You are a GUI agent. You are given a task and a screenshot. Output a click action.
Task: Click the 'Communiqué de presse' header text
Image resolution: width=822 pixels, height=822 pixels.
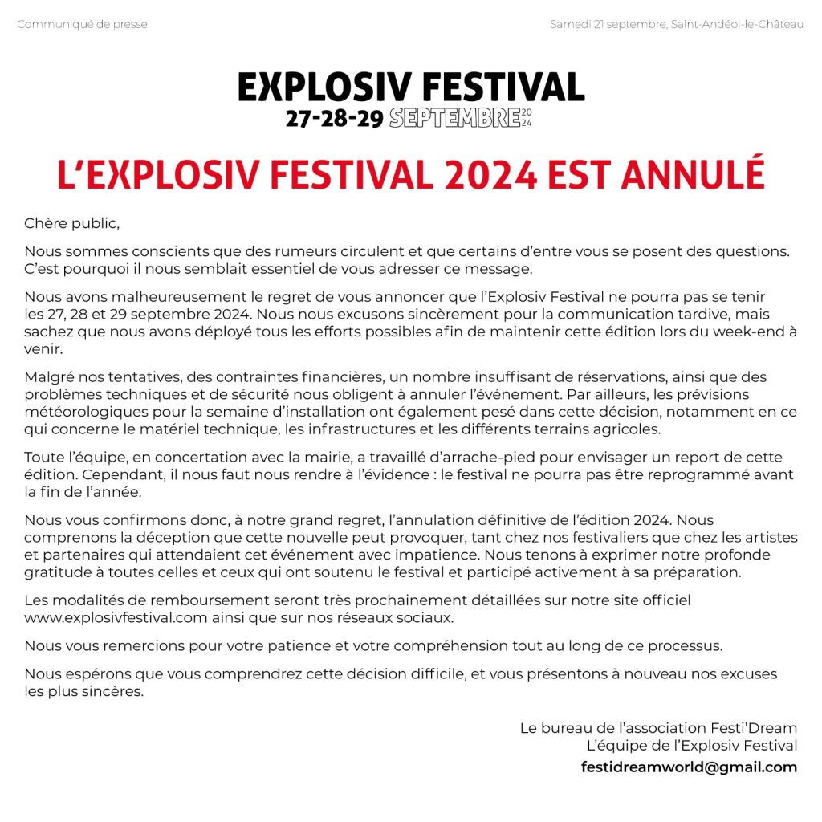pos(82,24)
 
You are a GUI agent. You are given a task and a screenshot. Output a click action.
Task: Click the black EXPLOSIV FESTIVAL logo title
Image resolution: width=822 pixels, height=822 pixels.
pos(411,87)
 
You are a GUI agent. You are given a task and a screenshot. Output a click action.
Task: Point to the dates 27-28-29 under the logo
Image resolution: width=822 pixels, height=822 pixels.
pos(334,119)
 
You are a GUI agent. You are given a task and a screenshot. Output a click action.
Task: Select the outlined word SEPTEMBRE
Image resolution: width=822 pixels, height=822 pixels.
pos(454,119)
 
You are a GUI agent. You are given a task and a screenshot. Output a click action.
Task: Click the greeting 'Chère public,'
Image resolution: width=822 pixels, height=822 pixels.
pos(71,222)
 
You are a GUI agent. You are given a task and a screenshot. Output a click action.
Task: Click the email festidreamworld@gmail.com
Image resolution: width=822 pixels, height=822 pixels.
pos(689,767)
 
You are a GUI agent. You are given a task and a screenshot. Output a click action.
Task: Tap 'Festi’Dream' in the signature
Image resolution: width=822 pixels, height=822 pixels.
pos(754,729)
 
